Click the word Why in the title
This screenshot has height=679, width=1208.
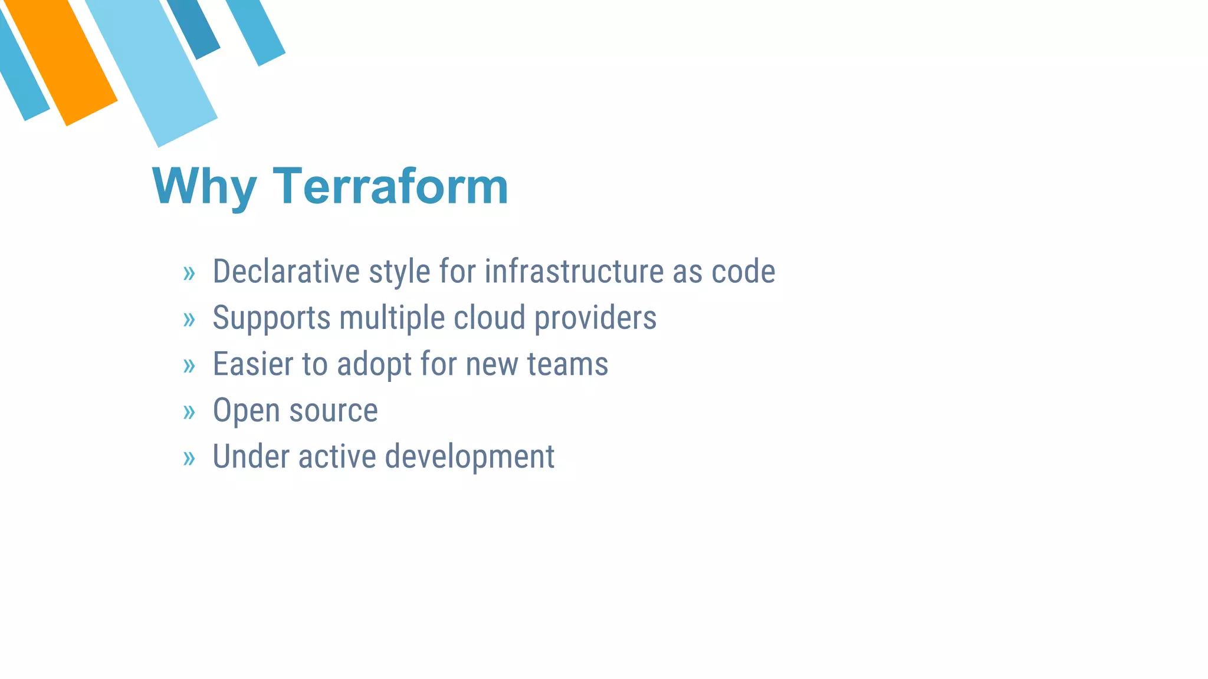point(204,187)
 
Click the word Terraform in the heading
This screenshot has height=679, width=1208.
point(390,186)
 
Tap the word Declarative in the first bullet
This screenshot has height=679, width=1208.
point(286,272)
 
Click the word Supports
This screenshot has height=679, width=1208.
point(271,318)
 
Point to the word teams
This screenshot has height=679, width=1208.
point(567,364)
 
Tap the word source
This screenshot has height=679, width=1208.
point(333,411)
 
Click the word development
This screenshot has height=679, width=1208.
point(470,457)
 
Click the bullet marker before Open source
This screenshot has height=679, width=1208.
point(189,412)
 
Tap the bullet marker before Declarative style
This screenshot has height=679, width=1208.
point(189,273)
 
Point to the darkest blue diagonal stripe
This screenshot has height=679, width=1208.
point(195,27)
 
